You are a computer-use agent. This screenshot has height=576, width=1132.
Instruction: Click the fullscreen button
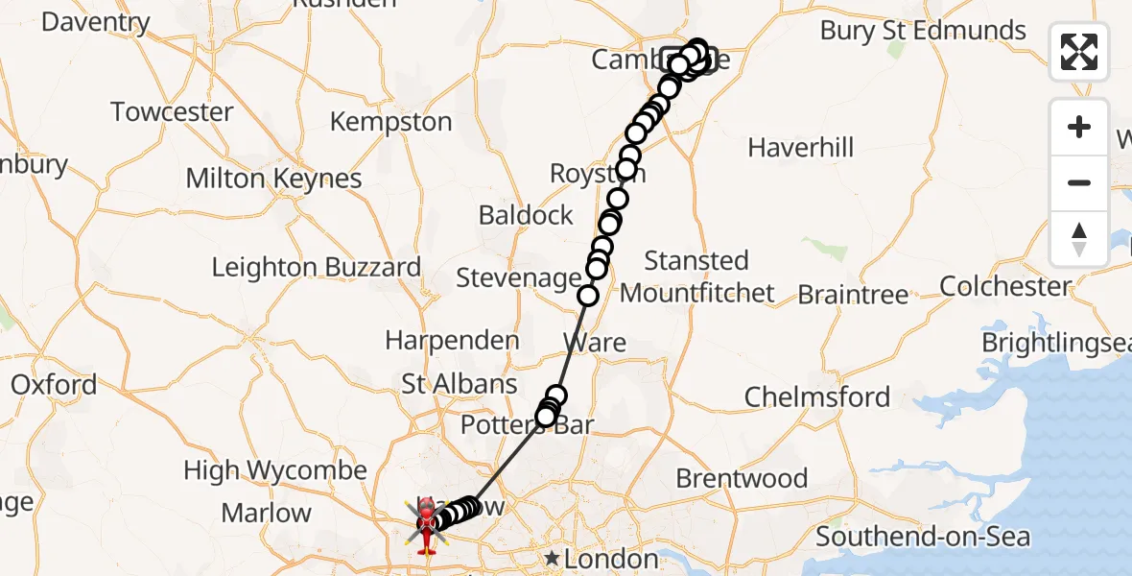(1079, 52)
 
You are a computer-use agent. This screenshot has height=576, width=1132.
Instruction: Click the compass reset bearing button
(1079, 239)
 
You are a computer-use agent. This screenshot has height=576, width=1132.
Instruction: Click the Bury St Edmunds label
(923, 31)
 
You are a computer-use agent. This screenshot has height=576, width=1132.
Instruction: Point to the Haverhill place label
(800, 148)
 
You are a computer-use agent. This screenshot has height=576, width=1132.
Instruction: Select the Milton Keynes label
(273, 179)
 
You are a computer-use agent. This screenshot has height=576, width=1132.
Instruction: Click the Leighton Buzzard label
(316, 267)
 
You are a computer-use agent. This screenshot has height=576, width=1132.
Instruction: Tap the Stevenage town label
(518, 278)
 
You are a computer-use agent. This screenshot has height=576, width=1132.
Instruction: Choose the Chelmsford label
(817, 396)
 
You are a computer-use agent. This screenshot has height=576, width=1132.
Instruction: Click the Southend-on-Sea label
(923, 537)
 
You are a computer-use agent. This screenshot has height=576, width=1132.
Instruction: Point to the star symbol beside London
(552, 558)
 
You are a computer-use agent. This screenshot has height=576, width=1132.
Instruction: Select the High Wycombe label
(275, 470)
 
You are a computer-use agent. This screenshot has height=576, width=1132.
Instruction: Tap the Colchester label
(1005, 286)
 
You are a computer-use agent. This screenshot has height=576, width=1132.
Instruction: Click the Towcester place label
(172, 112)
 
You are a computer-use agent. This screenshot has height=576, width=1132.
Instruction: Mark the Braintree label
(853, 295)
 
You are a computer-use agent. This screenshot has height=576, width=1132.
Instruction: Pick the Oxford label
(54, 385)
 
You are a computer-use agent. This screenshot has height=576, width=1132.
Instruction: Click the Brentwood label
(742, 478)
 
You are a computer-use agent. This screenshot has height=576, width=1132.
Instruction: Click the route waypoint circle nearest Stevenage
(587, 297)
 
